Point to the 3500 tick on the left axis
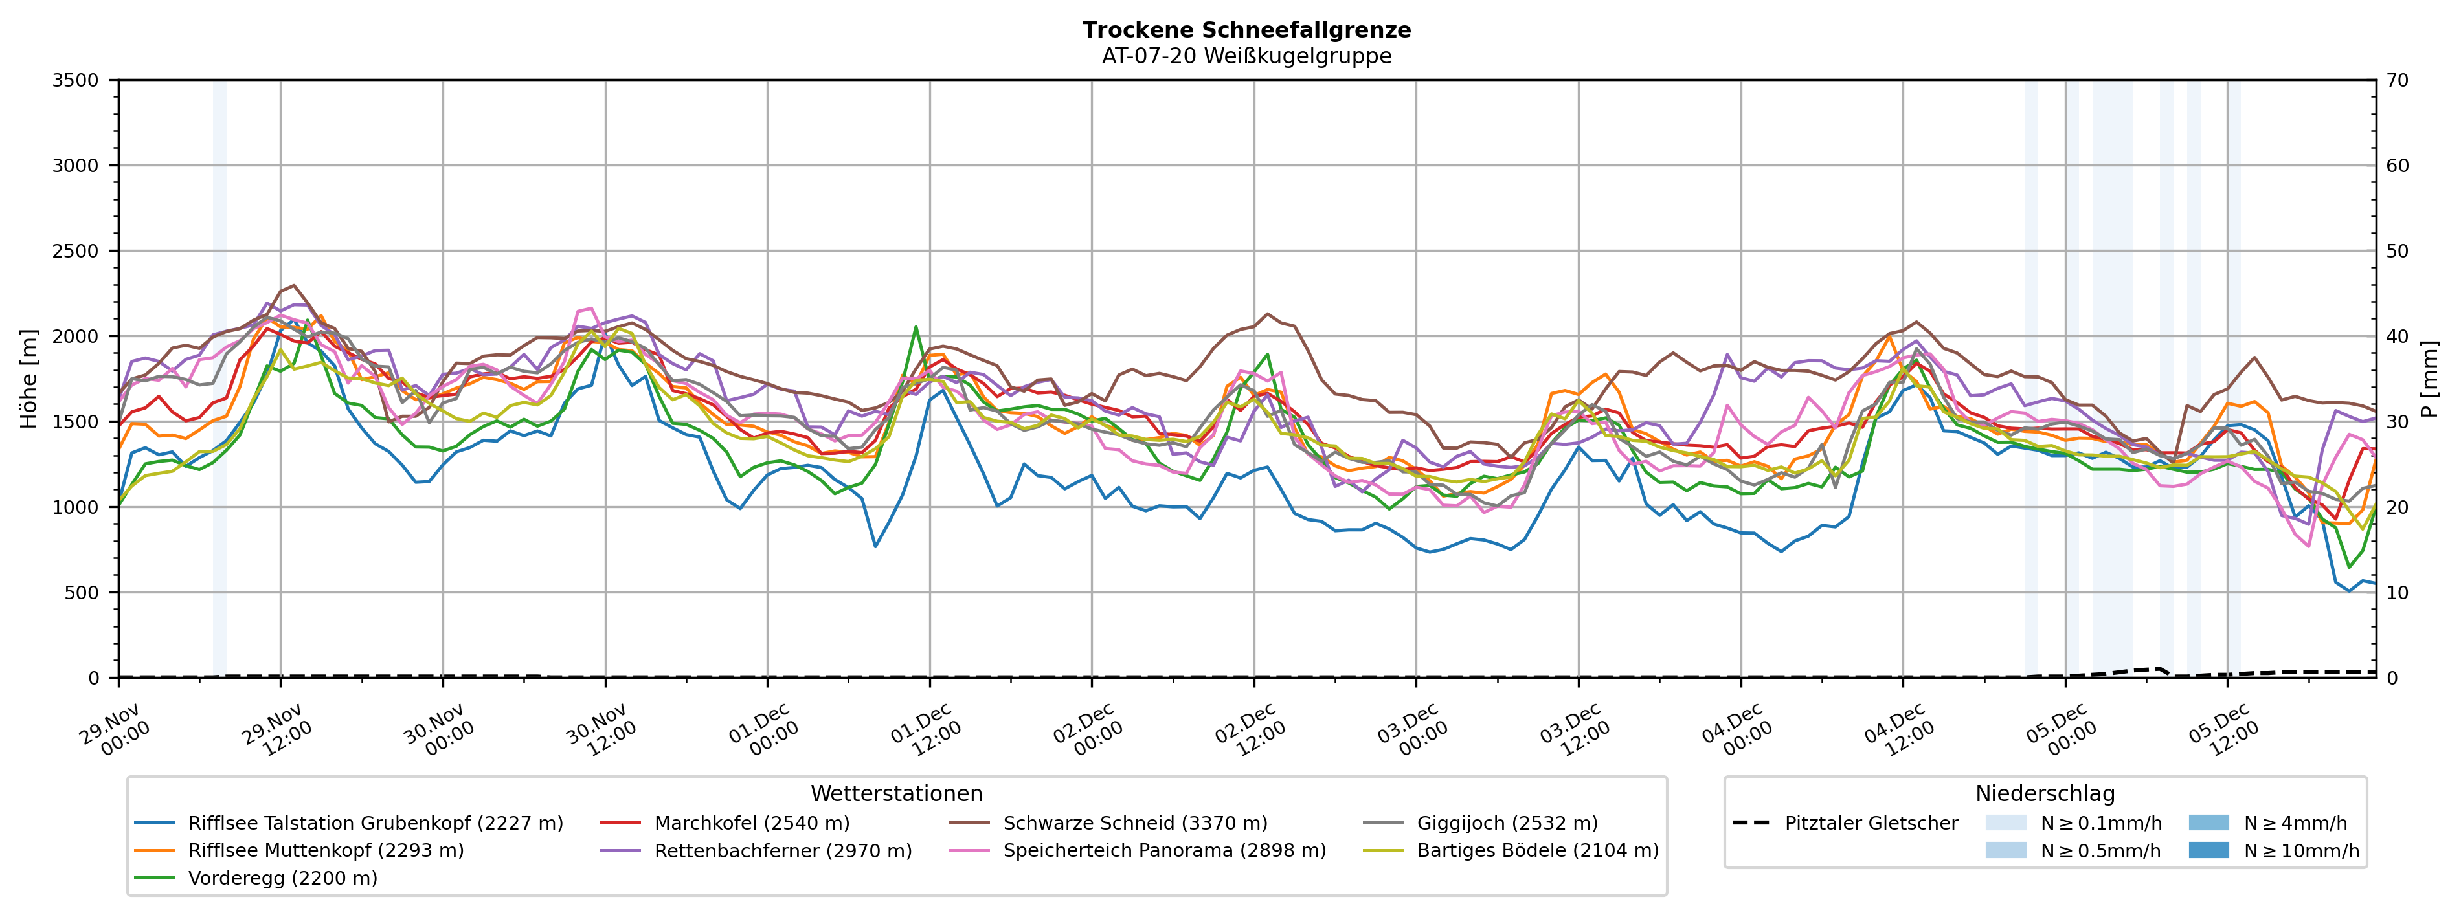[76, 80]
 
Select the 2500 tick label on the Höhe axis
[76, 251]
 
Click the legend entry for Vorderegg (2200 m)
[283, 877]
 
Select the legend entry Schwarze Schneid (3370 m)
[1135, 823]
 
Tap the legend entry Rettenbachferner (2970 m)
[782, 850]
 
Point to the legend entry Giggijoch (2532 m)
[1507, 823]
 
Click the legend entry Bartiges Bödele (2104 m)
[1537, 850]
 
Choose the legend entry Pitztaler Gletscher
[1871, 823]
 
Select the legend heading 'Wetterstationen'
[896, 794]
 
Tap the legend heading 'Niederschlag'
[2045, 794]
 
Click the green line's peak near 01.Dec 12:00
[916, 327]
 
